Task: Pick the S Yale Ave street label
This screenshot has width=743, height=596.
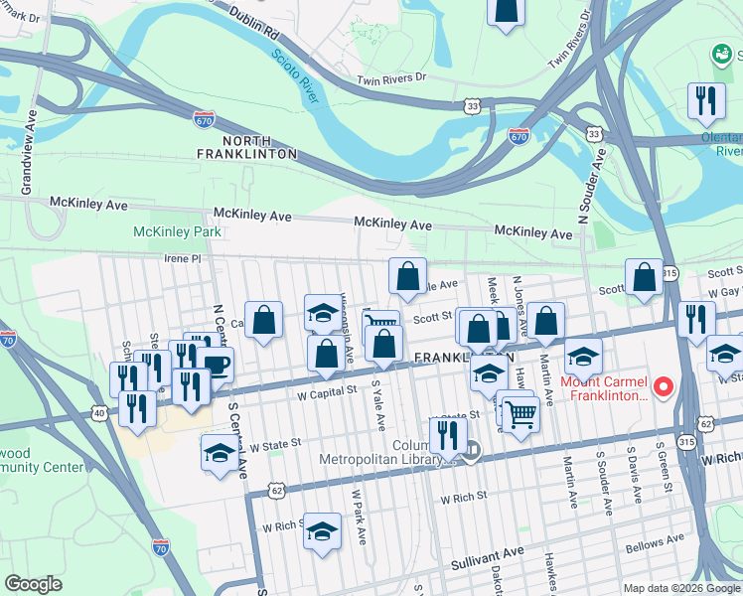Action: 378,405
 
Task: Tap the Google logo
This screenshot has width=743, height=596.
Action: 35,583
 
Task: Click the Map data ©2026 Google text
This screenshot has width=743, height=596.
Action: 681,588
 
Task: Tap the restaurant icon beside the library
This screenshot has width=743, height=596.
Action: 448,434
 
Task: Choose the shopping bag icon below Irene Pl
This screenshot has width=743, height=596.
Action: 407,277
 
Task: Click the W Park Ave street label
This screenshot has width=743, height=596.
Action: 355,514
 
